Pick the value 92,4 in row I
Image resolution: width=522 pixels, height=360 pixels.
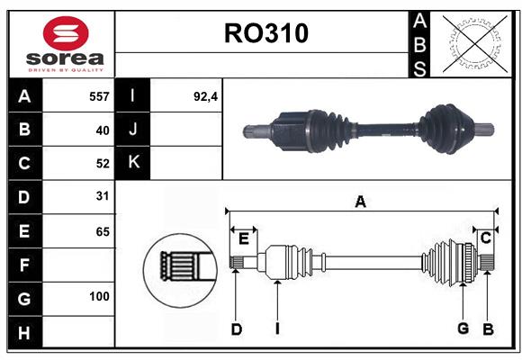pos(206,96)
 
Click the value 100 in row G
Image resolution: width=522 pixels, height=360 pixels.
pos(99,296)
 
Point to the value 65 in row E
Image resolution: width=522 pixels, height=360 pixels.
pos(103,230)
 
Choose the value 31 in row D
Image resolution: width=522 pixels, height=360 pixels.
pos(103,196)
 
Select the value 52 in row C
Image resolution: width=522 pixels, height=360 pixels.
pos(103,163)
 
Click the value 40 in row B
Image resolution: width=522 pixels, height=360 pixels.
pos(103,130)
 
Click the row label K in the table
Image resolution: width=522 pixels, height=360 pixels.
pos(133,163)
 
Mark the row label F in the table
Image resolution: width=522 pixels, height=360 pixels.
pos(23,264)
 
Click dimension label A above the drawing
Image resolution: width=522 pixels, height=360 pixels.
pos(361,202)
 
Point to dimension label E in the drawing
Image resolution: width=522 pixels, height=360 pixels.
pos(244,238)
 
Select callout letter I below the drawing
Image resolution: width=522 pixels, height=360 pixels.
pos(277,329)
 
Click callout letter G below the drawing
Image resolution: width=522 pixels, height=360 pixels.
pos(463,329)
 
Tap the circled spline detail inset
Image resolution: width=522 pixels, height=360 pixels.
pos(180,266)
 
